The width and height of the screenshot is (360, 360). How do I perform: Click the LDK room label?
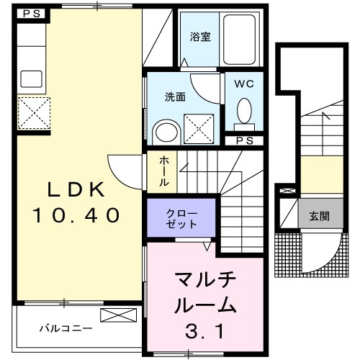(x=76, y=189)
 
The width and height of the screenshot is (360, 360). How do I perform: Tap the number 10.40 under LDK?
(x=75, y=215)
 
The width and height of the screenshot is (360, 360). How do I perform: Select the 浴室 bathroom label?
(x=200, y=37)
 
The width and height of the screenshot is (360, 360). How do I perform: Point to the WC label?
(x=245, y=84)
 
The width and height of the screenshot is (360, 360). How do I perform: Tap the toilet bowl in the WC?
(x=244, y=112)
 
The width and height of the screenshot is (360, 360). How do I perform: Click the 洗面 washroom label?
(x=176, y=96)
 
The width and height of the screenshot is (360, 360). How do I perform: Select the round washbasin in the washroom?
(x=166, y=132)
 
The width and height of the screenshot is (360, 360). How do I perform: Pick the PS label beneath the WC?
(x=244, y=140)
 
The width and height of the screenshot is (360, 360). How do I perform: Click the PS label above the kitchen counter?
(x=30, y=13)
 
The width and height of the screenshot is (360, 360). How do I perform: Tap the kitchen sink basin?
(x=30, y=78)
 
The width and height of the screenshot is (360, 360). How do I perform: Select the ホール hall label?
(x=164, y=172)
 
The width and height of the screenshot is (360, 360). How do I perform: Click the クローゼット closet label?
(x=181, y=218)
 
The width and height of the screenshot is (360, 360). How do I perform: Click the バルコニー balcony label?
(x=66, y=328)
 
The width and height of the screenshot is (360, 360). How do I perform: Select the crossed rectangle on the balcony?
(x=117, y=315)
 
